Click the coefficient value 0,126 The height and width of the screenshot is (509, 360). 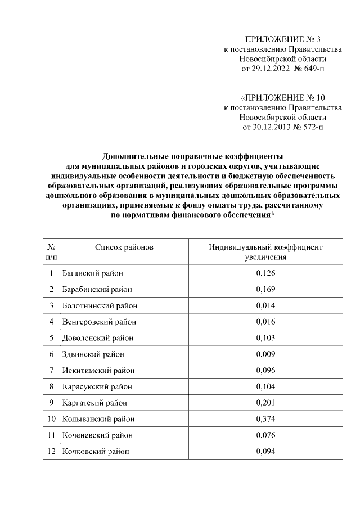265,273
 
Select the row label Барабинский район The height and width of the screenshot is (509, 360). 98,290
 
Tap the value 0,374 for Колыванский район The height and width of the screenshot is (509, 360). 265,419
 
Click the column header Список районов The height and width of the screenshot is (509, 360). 124,247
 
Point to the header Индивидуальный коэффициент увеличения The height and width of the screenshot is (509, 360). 265,252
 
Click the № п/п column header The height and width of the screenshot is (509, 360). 51,252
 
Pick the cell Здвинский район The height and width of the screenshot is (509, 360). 93,354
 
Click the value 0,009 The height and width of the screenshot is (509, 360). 265,354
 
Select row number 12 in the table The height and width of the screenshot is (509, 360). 51,452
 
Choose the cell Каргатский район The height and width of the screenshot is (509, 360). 94,403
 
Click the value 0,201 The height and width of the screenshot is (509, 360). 265,403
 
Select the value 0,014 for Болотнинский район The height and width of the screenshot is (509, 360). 265,305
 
